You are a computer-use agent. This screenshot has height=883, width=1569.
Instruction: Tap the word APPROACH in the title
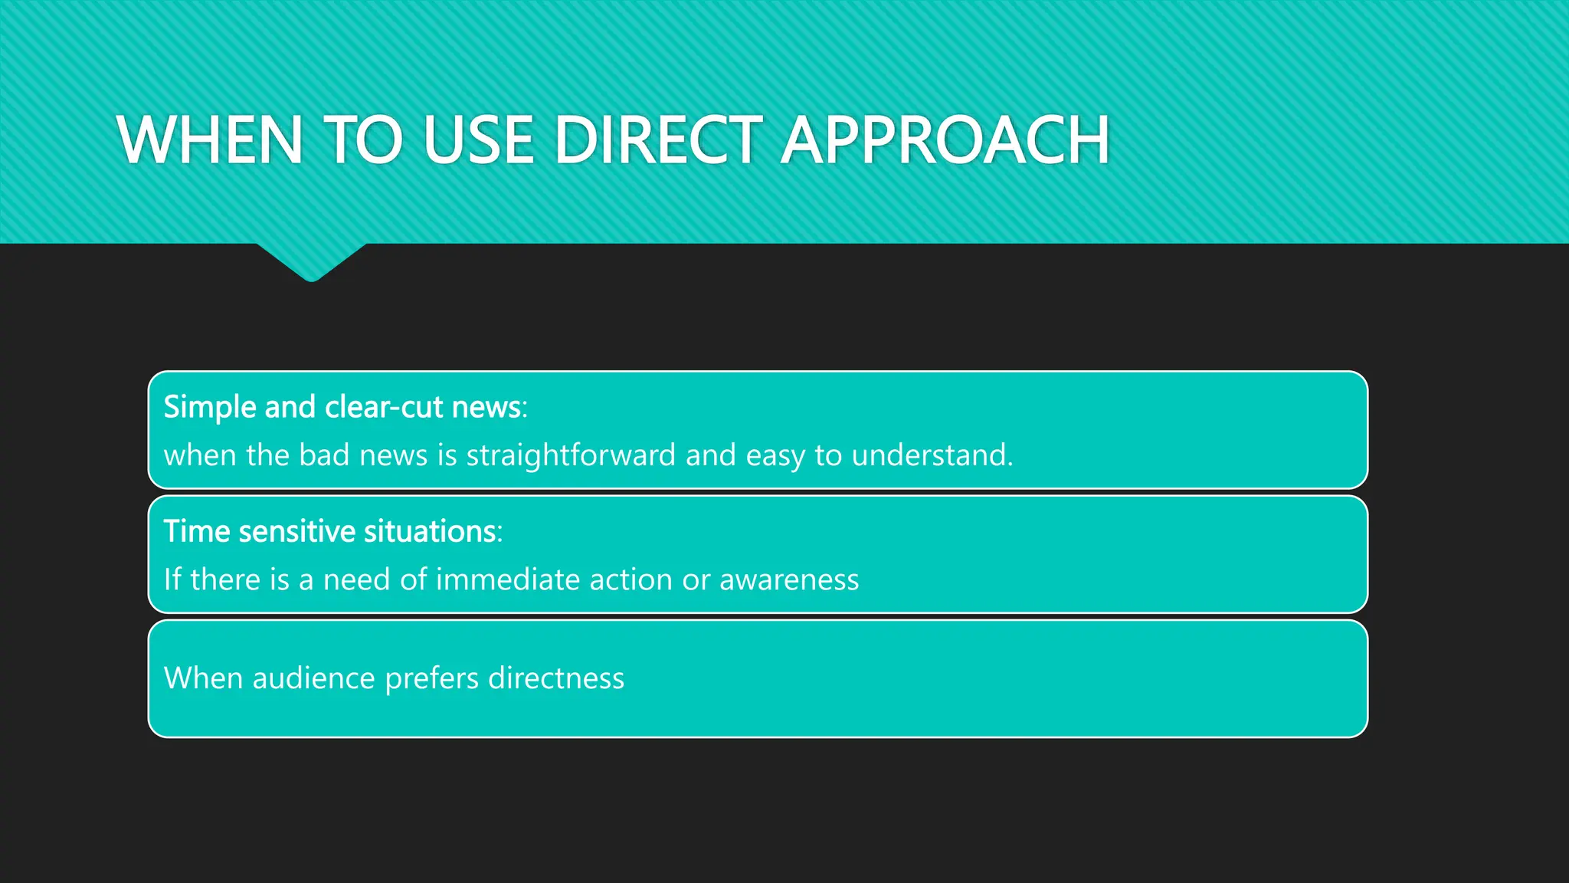(x=945, y=140)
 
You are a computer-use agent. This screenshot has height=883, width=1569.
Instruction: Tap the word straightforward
(x=571, y=455)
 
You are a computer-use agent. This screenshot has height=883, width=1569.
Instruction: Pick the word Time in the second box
(x=196, y=531)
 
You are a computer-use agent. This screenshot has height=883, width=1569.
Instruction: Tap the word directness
(x=555, y=678)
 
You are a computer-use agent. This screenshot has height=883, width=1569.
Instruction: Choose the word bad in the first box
(x=324, y=455)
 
